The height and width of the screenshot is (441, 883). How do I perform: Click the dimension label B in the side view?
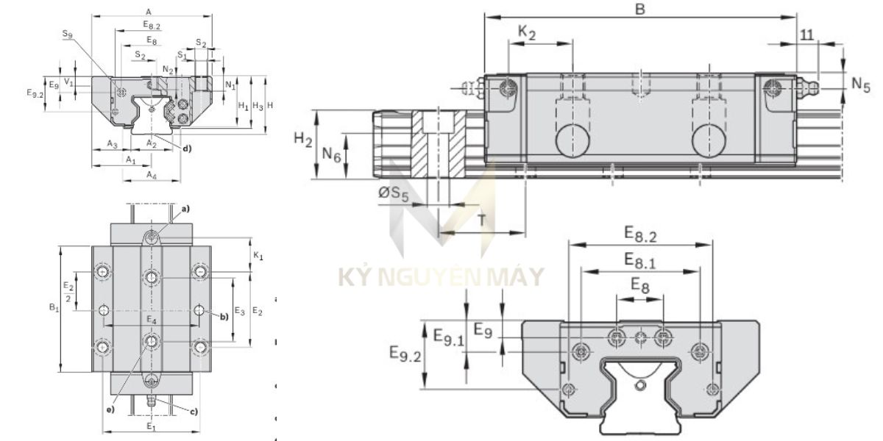[x=639, y=9]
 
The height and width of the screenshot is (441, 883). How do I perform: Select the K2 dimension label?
[x=527, y=32]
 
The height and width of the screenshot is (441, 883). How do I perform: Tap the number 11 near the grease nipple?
[x=807, y=35]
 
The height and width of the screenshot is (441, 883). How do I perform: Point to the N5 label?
[x=860, y=85]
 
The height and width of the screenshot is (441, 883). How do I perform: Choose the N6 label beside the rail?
[x=331, y=154]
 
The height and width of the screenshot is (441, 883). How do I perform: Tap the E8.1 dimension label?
[x=640, y=259]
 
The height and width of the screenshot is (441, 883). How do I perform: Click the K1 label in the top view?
[x=258, y=255]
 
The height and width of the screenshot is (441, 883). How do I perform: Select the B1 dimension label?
[x=54, y=309]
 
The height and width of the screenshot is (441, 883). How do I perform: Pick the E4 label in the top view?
[x=151, y=320]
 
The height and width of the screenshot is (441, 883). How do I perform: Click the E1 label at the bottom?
[x=151, y=426]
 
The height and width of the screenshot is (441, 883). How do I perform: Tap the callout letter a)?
[x=185, y=209]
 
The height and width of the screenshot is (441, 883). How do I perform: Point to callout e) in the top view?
[x=110, y=409]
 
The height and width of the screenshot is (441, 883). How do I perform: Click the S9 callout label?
[x=68, y=34]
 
